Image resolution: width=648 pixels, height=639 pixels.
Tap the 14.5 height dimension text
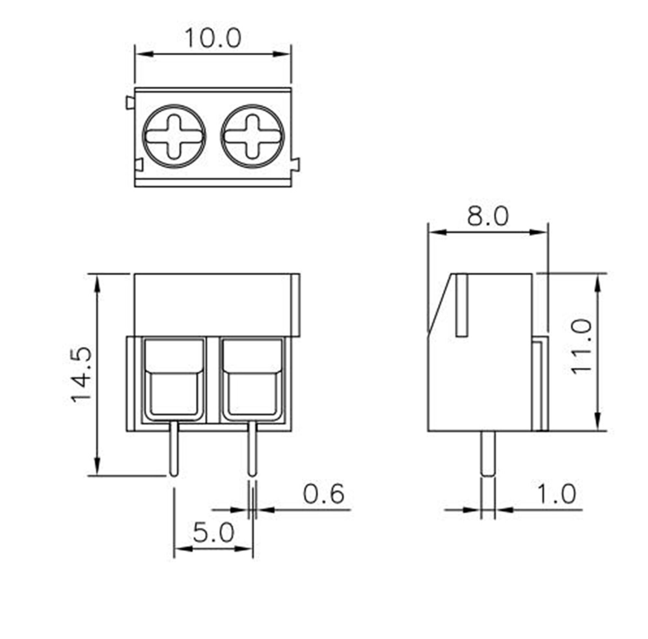coord(81,375)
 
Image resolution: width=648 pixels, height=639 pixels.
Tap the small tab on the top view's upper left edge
coord(130,102)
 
